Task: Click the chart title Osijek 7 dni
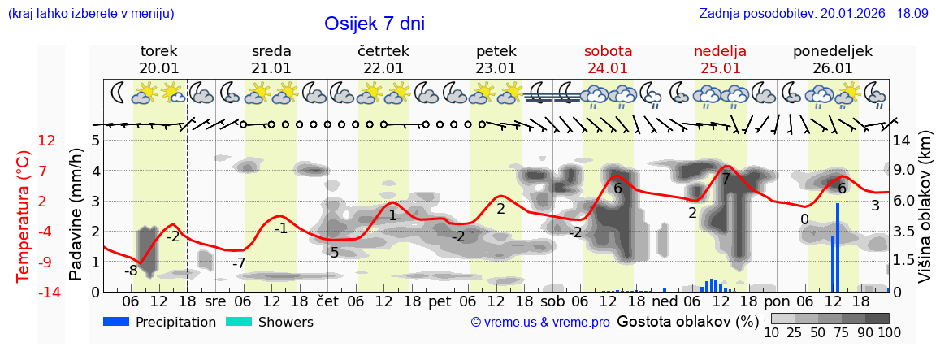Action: point(374,24)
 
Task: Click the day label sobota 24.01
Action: point(608,59)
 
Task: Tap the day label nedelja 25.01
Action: point(720,59)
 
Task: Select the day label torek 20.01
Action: point(159,59)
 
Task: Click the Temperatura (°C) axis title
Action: point(24,216)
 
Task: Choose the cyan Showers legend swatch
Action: point(238,322)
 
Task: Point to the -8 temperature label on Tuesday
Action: point(130,271)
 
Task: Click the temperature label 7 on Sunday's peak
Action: point(726,179)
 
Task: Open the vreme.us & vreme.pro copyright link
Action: point(540,323)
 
